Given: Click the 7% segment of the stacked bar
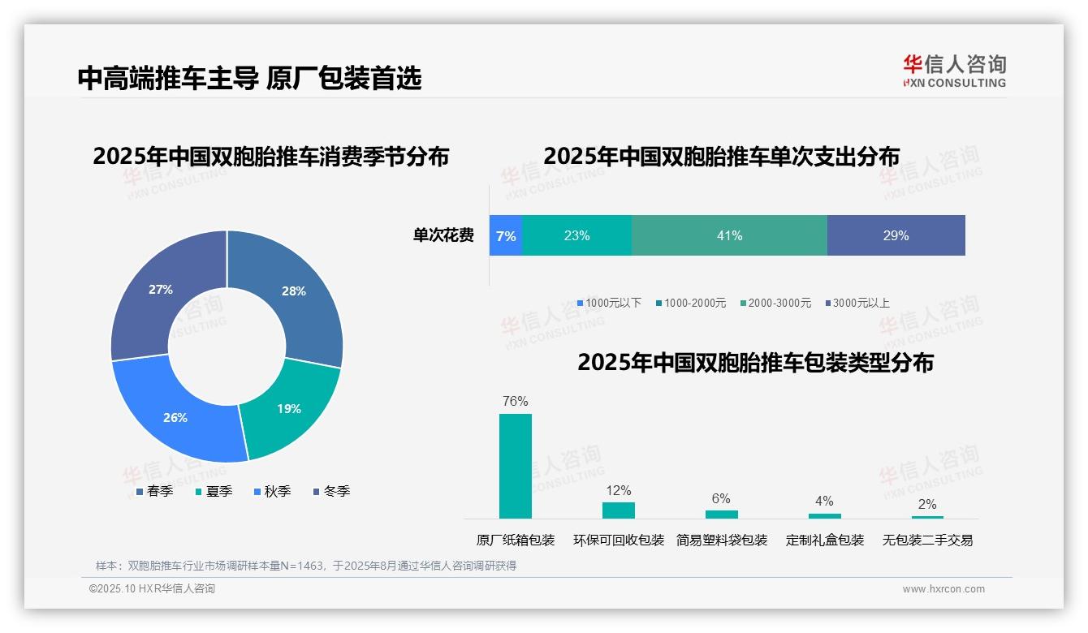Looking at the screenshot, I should point(506,236).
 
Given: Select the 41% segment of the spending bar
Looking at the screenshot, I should point(729,236).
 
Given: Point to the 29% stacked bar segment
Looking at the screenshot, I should point(896,236).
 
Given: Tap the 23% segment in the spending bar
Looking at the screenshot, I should point(576,236).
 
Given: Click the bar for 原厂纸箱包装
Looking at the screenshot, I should point(516,466).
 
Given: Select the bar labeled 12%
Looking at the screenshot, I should point(619,510).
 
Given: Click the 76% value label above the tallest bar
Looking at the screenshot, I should point(516,401).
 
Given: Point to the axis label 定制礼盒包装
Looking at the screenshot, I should point(825,540).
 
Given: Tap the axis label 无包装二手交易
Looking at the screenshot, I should point(927,540).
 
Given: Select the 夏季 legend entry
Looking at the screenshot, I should point(214,491).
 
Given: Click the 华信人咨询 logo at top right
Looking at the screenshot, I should point(954,71).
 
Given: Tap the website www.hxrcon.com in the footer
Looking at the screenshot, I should point(943,589).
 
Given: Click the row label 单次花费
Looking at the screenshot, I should point(443,236).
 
